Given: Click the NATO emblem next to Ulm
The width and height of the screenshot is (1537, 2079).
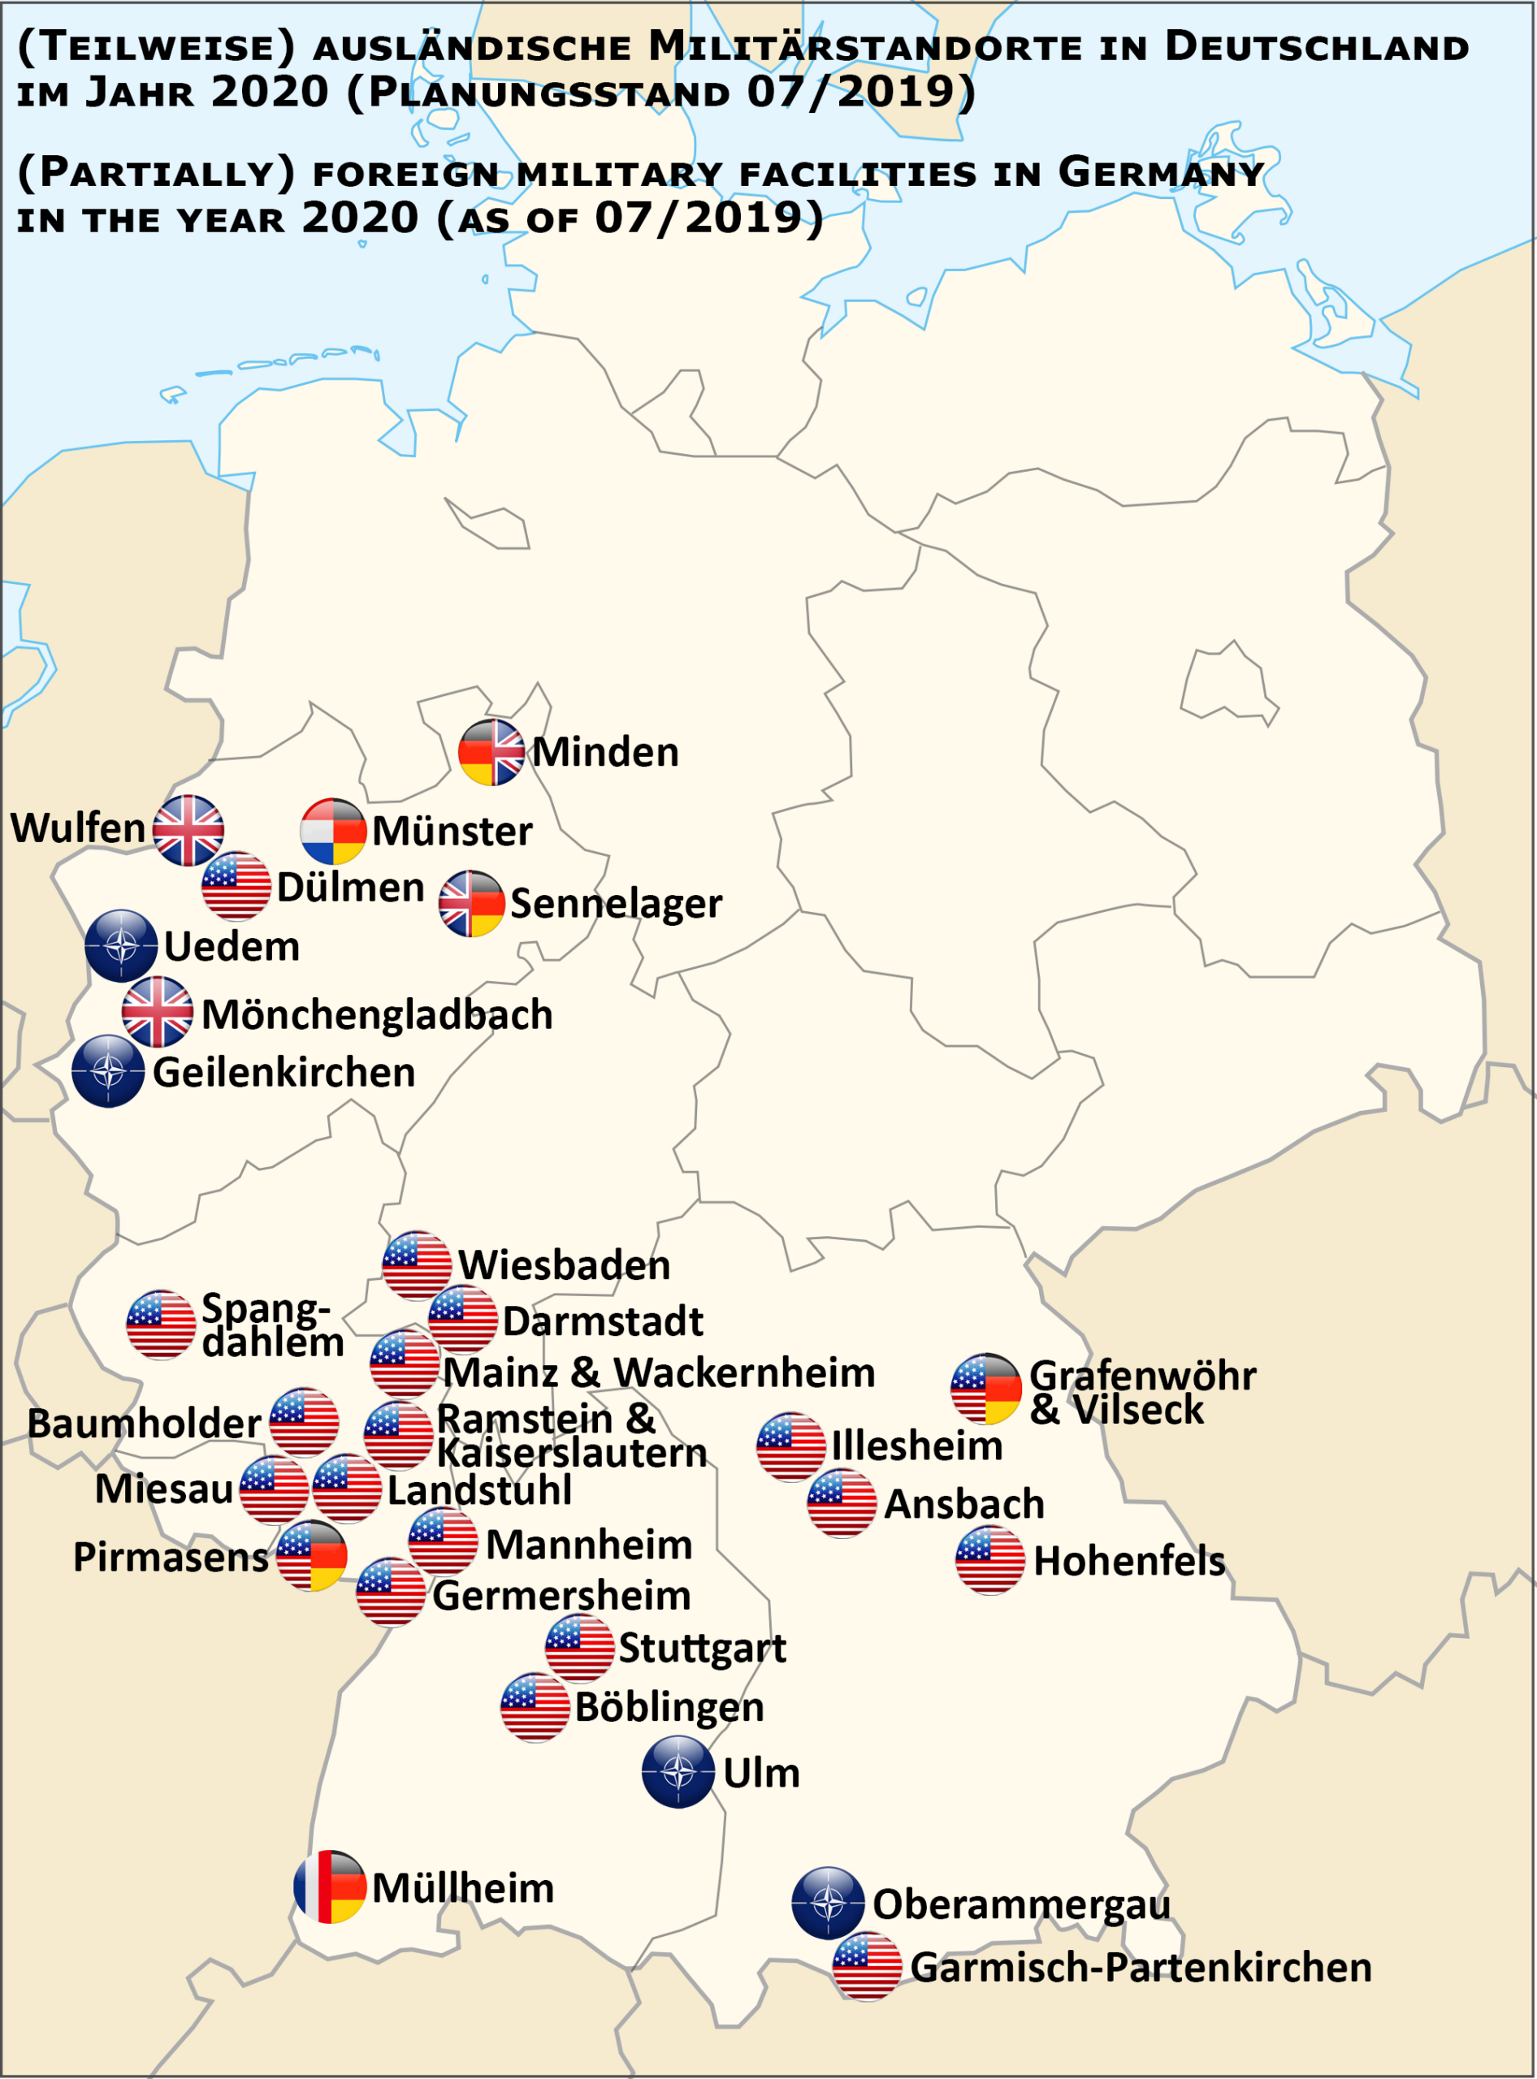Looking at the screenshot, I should (x=678, y=1772).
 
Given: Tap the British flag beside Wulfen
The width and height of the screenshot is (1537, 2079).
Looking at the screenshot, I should (x=188, y=830).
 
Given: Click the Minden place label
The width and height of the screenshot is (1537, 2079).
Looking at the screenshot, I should (x=604, y=751).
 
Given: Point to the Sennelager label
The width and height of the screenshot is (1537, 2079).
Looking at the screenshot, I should (x=616, y=903).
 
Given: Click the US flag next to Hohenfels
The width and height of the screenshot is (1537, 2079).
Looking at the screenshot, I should (x=990, y=1560).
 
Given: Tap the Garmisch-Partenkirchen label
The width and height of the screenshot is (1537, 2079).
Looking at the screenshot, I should (x=1141, y=1968).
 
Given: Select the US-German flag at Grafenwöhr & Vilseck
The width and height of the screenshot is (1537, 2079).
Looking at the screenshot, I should (x=986, y=1388).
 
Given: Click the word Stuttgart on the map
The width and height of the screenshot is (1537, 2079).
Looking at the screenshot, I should (x=703, y=1649).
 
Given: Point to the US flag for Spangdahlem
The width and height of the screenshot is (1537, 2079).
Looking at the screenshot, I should (x=161, y=1324).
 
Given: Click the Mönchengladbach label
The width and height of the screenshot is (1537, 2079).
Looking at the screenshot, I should (x=377, y=1014).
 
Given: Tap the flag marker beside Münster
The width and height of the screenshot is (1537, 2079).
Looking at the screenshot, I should (x=333, y=831).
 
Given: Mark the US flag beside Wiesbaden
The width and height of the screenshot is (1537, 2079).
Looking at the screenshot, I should (x=417, y=1265).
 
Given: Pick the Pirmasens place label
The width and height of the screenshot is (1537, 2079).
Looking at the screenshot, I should (x=171, y=1557).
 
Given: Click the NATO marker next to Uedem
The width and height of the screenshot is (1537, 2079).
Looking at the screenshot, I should (x=121, y=945).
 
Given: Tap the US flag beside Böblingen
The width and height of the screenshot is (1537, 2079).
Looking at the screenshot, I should (x=535, y=1707).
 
